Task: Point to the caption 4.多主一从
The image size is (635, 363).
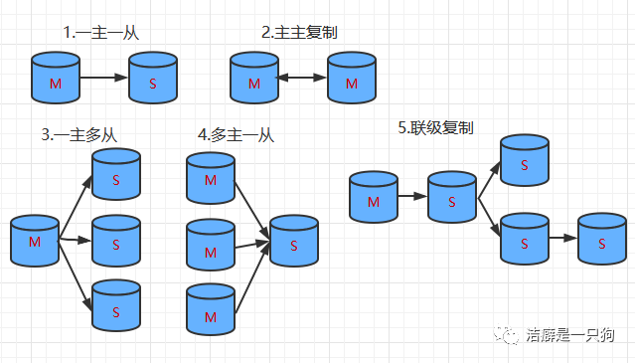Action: (x=236, y=134)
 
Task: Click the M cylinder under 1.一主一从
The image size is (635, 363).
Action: (x=55, y=78)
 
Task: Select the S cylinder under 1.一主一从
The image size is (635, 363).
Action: (x=153, y=78)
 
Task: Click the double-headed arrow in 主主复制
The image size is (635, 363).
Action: (x=302, y=77)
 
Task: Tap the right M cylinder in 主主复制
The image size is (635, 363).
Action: (x=352, y=78)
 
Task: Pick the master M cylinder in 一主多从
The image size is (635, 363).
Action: (x=35, y=241)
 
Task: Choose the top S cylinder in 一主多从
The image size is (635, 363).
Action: (x=116, y=175)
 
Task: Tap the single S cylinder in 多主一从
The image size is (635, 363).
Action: (x=294, y=240)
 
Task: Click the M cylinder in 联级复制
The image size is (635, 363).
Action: (x=374, y=197)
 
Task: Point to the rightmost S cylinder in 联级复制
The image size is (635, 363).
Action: (x=601, y=239)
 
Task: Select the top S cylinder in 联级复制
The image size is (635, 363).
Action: (x=524, y=160)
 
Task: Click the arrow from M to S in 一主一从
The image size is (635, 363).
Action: (x=103, y=77)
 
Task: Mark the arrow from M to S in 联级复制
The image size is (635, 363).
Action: (x=412, y=197)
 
